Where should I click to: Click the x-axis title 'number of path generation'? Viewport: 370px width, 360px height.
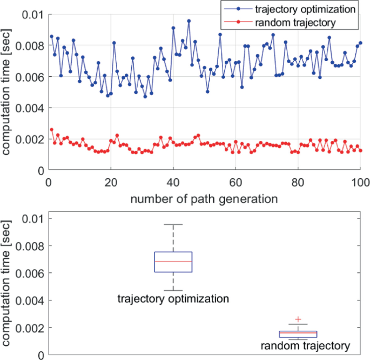204,198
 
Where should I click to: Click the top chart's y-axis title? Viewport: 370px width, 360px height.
7,92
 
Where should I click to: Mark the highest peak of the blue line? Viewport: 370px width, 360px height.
189,21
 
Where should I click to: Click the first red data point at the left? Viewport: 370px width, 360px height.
51,130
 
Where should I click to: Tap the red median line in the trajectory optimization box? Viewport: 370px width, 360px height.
173,262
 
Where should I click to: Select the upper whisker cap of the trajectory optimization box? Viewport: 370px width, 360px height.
173,224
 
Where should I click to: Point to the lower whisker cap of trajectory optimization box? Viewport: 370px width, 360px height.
173,290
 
